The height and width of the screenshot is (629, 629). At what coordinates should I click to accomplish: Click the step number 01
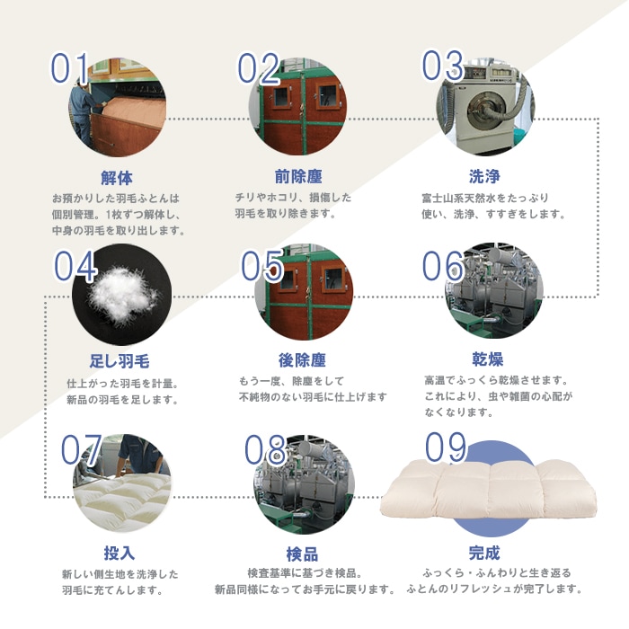tap(69, 69)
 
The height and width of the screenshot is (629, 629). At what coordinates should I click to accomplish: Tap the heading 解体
tap(118, 176)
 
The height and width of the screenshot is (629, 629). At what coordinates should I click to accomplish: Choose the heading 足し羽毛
tap(119, 362)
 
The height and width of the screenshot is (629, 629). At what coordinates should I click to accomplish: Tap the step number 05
tap(262, 266)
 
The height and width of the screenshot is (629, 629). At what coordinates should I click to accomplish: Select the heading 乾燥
tap(486, 360)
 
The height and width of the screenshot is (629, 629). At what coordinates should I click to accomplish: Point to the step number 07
tap(81, 451)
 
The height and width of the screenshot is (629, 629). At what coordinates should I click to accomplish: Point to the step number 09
tap(447, 447)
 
